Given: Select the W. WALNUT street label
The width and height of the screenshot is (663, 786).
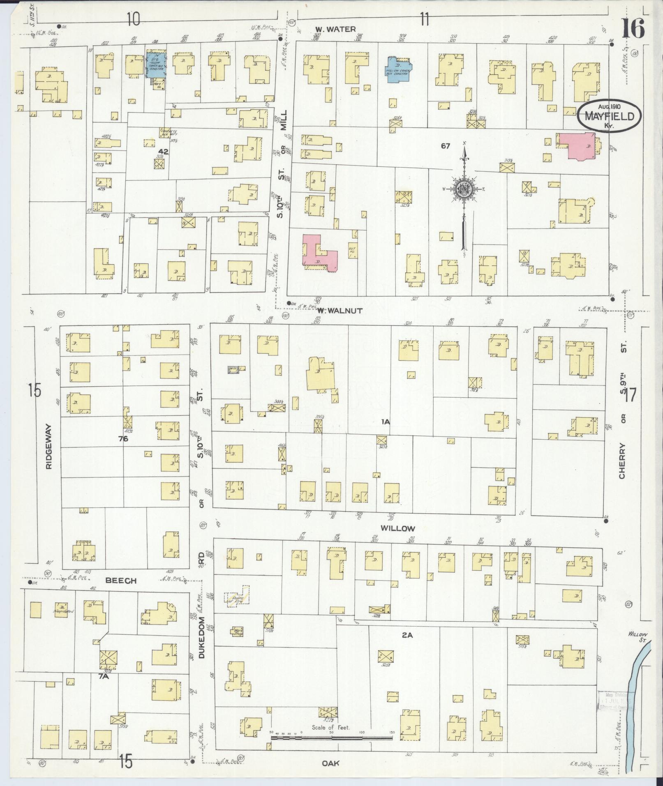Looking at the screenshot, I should point(340,311).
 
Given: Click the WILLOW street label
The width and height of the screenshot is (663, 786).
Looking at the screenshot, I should point(397,528).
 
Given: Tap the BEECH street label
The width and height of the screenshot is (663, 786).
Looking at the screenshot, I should point(121,581).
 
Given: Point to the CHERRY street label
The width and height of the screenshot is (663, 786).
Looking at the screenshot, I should point(621,461).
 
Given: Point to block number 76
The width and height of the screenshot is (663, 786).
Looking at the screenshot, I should point(123,439).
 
